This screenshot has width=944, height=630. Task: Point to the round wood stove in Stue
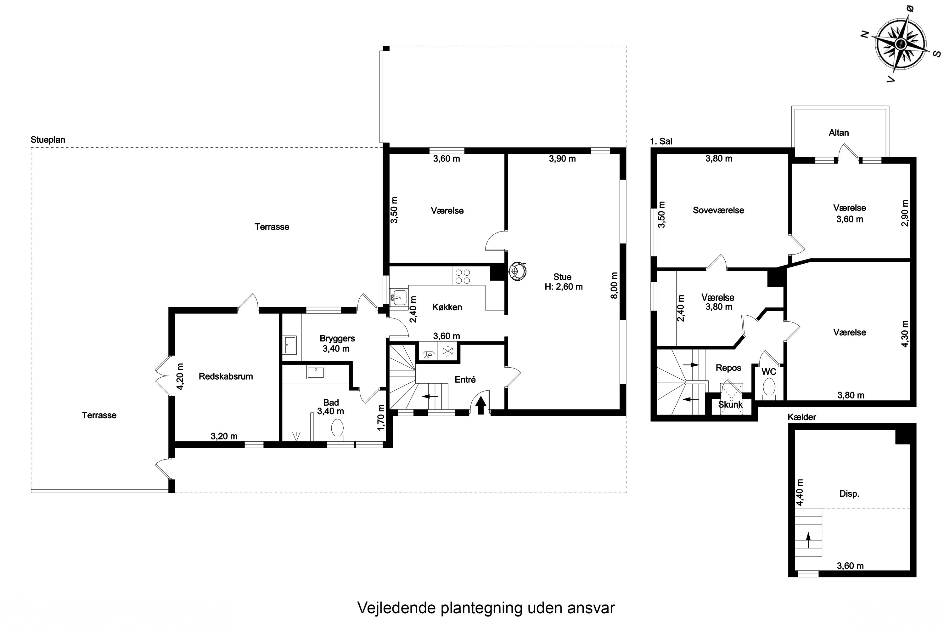pos(517,271)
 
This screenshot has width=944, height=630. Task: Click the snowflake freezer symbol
pos(447,351)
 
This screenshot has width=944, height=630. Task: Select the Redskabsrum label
pos(226,376)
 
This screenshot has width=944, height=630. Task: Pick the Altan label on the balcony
pos(839,133)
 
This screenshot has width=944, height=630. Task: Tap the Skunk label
pos(730,404)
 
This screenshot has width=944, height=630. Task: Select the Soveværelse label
pos(718,210)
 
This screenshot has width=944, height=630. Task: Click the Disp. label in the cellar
pos(849,494)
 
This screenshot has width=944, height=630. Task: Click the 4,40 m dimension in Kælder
pos(800,493)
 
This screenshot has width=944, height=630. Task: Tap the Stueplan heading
pos(48,140)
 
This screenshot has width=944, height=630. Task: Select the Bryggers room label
pos(337,339)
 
